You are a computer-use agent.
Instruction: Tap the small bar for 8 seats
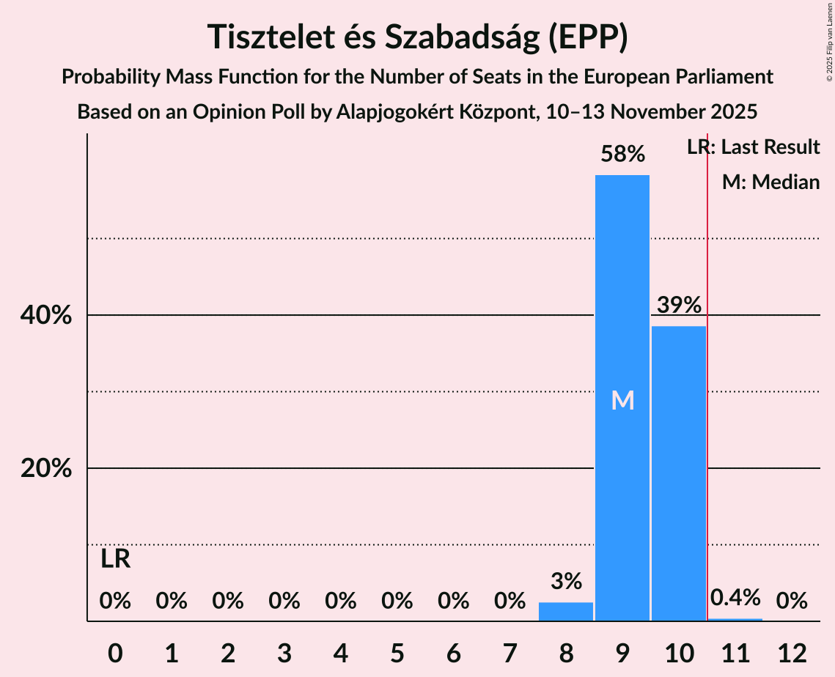pos(565,612)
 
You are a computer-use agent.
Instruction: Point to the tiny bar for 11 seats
pos(735,620)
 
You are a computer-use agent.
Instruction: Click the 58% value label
pos(622,154)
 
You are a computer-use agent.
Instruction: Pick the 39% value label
pos(678,305)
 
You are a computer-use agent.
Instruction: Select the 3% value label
pos(565,582)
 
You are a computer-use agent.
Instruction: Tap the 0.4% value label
pos(735,598)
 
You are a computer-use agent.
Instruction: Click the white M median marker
pos(622,400)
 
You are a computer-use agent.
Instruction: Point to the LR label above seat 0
pos(115,560)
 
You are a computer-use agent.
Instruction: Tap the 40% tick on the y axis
pos(46,316)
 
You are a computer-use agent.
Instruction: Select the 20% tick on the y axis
pos(46,469)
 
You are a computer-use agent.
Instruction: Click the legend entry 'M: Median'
pos(770,182)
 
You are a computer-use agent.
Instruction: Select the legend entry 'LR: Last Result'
pos(753,147)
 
